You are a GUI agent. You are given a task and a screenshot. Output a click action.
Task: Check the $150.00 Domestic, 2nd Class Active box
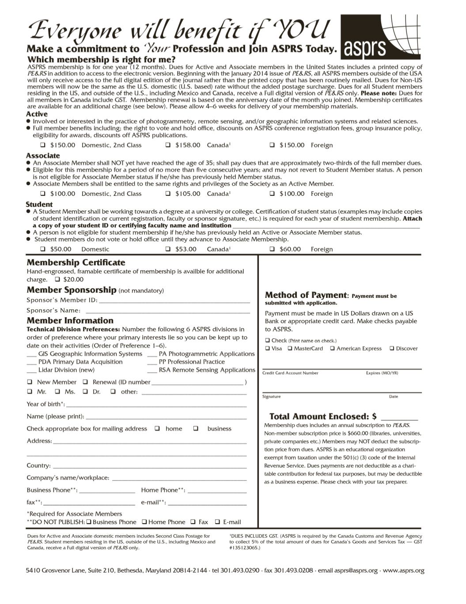(43, 145)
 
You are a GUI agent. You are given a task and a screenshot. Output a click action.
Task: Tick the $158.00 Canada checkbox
(168, 145)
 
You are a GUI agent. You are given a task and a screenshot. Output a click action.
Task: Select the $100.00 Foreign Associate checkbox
(272, 194)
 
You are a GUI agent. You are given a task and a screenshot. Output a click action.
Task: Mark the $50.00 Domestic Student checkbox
(43, 249)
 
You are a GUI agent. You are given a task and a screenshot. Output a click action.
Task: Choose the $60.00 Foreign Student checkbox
(272, 249)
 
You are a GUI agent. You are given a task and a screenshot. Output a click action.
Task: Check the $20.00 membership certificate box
(57, 279)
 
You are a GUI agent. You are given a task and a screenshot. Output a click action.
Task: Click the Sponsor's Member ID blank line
(174, 301)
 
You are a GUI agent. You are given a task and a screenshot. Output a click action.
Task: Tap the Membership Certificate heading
(76, 263)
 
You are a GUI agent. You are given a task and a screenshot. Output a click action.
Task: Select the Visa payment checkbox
(268, 349)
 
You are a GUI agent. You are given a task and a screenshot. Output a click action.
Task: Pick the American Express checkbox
(332, 349)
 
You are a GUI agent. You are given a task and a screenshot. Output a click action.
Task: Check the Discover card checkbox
(392, 349)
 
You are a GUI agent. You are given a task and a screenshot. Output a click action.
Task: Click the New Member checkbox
(30, 382)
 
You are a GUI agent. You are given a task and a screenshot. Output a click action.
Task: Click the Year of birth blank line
(156, 405)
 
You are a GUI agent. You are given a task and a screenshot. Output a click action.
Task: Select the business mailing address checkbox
(196, 428)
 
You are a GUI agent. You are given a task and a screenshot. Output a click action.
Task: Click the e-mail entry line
(207, 503)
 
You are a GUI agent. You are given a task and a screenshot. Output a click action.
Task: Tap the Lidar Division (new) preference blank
(31, 371)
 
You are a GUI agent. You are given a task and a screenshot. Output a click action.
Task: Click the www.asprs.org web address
(404, 570)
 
